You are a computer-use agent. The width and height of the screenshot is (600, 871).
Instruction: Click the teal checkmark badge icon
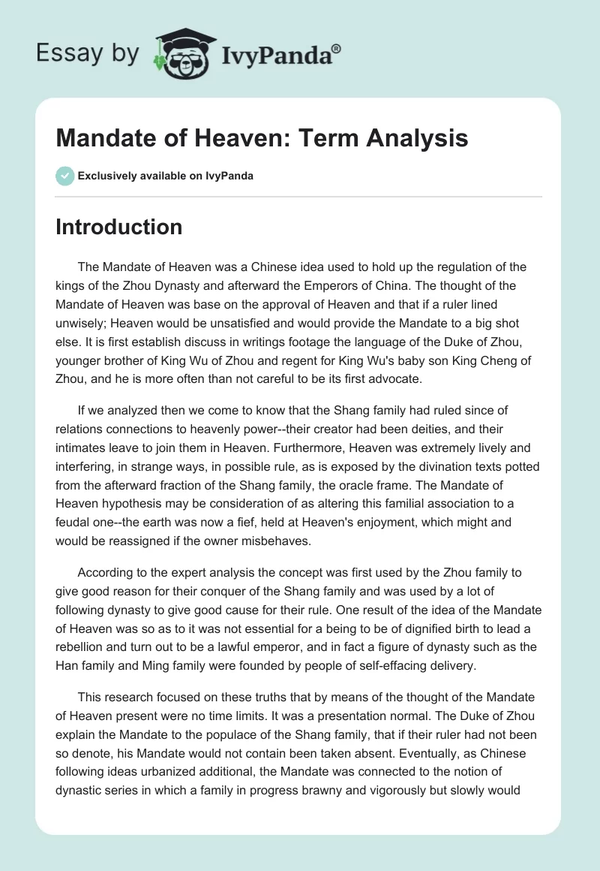(64, 176)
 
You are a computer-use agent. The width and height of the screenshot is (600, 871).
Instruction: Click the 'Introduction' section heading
(118, 227)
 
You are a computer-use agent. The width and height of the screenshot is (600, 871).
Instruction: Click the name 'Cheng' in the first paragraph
(485, 360)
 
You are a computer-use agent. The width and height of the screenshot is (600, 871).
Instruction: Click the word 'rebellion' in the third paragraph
(84, 646)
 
